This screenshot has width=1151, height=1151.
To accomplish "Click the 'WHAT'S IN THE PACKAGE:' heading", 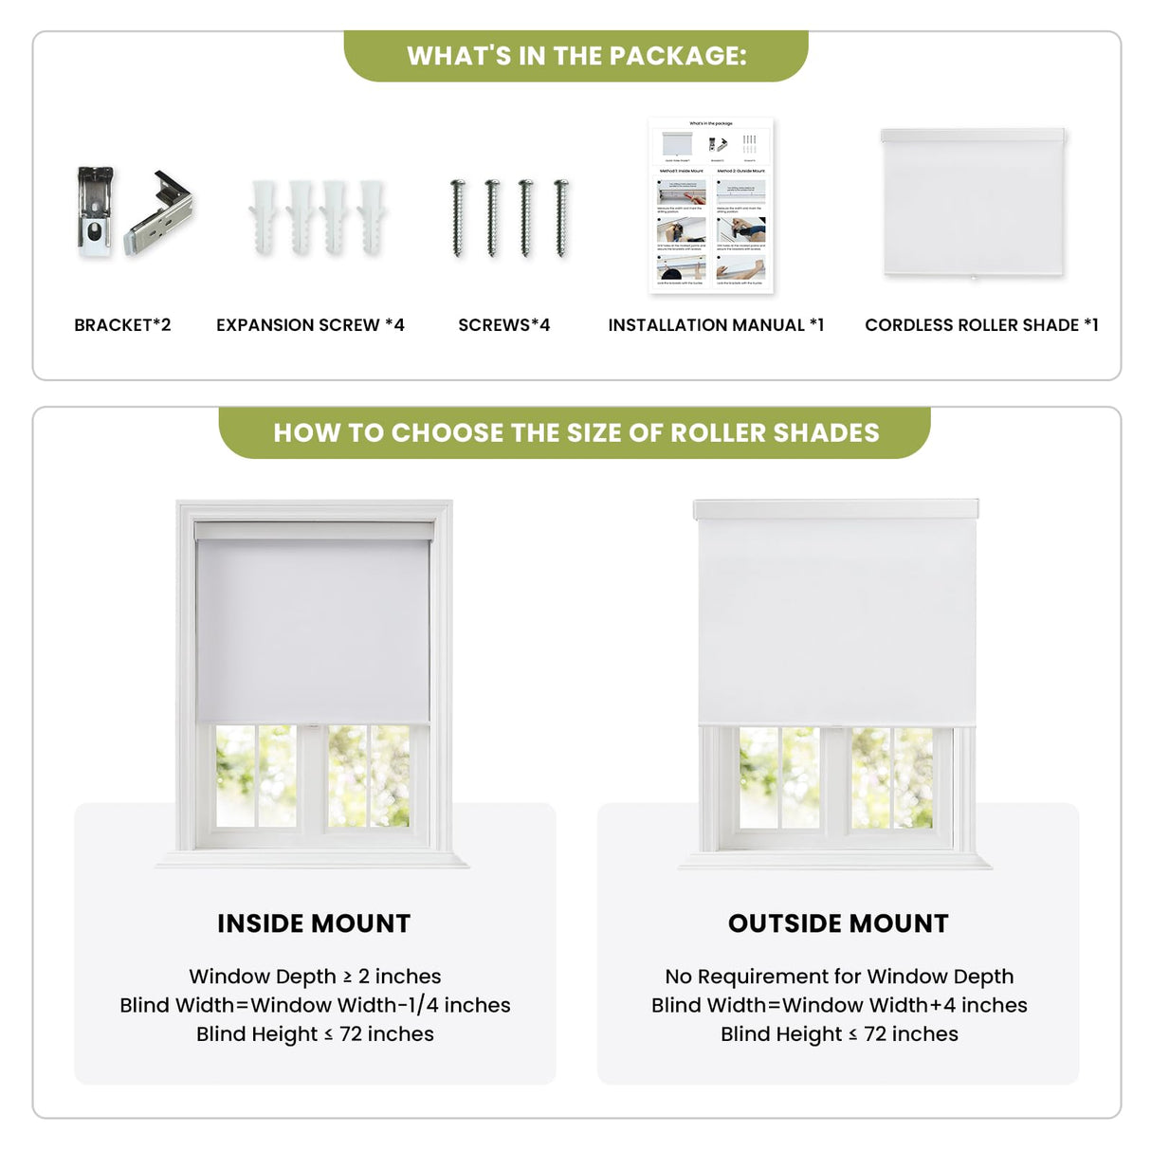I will [x=576, y=56].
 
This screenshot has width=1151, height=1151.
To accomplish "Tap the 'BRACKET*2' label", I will [x=122, y=325].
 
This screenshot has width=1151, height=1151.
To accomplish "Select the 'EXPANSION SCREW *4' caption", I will [x=310, y=325].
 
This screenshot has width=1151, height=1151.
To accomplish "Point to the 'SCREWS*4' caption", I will [x=503, y=325].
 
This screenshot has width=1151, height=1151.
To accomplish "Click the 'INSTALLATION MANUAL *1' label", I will [x=716, y=325].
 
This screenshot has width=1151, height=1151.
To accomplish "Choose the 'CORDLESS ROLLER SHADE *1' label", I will [x=981, y=325].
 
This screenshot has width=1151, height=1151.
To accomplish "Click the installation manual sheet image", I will [x=711, y=205].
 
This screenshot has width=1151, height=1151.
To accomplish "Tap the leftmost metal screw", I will [x=458, y=218].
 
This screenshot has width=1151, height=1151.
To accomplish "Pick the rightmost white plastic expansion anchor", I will [x=372, y=218].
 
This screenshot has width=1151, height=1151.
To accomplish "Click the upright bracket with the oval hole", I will [x=95, y=213].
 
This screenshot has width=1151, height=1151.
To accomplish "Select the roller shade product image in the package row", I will [x=974, y=204].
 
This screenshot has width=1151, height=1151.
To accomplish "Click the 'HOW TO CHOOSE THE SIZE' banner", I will [x=575, y=433].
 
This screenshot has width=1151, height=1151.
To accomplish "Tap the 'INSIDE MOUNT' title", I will [x=314, y=923].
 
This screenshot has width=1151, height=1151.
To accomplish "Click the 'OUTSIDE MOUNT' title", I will [x=838, y=923].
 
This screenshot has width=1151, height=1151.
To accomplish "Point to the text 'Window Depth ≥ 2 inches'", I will [x=315, y=977].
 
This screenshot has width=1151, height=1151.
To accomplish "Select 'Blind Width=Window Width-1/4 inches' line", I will [x=315, y=1005].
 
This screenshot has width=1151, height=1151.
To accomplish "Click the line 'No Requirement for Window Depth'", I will [x=839, y=977].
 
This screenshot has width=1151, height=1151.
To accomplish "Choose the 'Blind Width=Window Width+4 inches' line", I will [x=839, y=1005].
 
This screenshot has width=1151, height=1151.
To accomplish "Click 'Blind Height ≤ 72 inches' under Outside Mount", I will [x=839, y=1034].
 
